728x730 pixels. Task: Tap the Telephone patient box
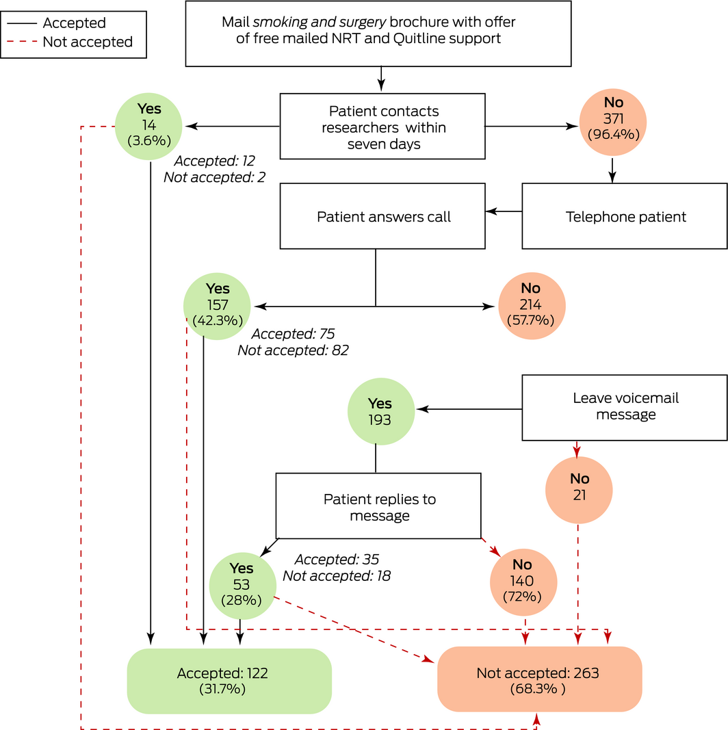click(x=625, y=216)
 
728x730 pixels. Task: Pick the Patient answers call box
click(x=382, y=216)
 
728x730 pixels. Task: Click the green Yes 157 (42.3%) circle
click(x=217, y=306)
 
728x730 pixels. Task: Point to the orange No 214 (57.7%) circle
click(x=531, y=306)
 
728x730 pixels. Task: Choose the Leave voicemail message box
click(x=625, y=407)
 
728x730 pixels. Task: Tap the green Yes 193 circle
click(x=380, y=410)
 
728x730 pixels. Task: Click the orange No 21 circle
click(x=579, y=489)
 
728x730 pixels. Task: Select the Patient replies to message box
click(x=378, y=506)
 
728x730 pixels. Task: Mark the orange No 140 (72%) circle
click(x=523, y=582)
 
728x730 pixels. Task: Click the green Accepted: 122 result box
click(x=229, y=681)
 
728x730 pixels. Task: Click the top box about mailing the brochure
click(x=378, y=33)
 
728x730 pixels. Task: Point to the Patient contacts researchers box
click(x=382, y=127)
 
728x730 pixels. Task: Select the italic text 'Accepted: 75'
click(x=293, y=335)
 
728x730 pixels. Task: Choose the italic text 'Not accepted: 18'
click(x=336, y=576)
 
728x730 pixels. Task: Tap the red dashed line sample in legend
click(x=21, y=42)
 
